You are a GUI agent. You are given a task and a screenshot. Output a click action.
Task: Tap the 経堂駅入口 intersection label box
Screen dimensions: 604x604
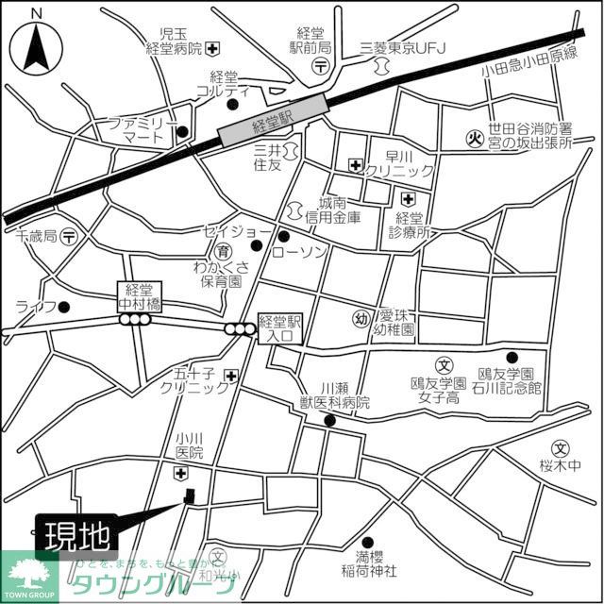coord(278,327)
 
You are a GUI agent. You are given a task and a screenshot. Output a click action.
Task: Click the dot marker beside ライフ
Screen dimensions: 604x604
coord(64,307)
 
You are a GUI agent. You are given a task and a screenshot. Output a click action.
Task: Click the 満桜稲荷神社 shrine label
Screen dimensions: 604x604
coord(370,562)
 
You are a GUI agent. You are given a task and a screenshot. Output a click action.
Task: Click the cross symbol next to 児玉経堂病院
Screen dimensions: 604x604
coord(216,48)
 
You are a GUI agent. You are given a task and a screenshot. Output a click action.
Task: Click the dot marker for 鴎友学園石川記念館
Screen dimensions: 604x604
coord(512,357)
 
